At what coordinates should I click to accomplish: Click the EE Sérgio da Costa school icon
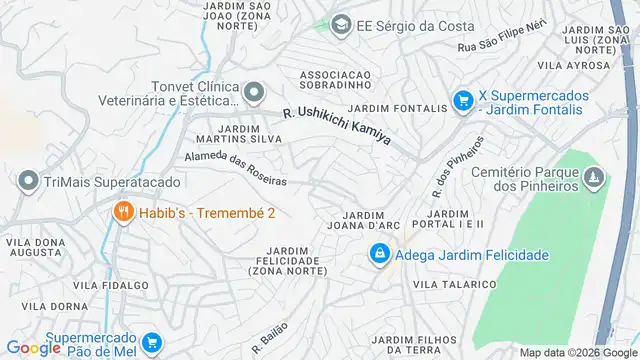(x=342, y=24)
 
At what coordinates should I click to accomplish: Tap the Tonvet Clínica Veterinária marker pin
(x=253, y=93)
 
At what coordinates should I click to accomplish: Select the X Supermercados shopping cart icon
(x=462, y=101)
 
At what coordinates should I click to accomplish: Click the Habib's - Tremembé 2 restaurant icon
(x=123, y=212)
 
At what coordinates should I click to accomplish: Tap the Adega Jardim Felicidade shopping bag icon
(x=379, y=256)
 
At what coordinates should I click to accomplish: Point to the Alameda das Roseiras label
(x=237, y=168)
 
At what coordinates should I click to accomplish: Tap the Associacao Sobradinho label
(x=336, y=79)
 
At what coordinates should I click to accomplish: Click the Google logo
(x=33, y=348)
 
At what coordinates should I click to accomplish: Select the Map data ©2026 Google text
(x=577, y=352)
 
